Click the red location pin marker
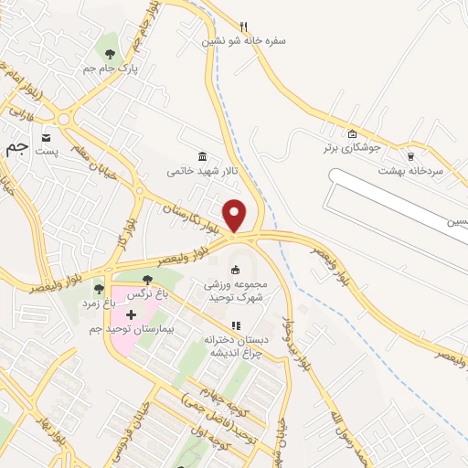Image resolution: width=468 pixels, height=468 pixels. (235, 215)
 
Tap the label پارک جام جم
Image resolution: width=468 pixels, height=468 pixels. (101, 69)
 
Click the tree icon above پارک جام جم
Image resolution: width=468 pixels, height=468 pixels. (110, 54)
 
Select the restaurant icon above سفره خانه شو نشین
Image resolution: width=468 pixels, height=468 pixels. (243, 27)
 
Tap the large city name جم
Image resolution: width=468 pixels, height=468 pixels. (16, 148)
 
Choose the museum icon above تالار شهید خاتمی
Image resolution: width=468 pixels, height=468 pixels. (202, 156)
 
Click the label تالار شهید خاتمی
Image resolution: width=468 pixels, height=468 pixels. (200, 171)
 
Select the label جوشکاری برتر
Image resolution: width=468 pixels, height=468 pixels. (356, 146)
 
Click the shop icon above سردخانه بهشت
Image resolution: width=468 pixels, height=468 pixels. (410, 155)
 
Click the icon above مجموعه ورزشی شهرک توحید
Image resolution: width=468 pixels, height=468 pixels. (235, 269)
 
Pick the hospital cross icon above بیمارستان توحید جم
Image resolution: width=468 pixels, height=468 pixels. (144, 314)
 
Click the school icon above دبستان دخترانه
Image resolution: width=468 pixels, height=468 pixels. (235, 324)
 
